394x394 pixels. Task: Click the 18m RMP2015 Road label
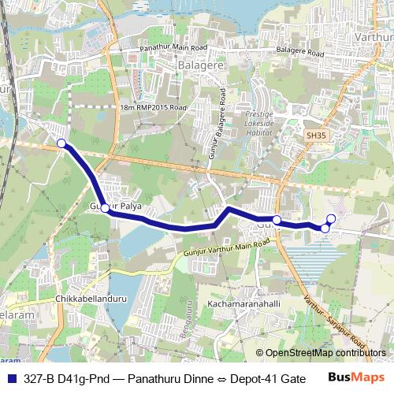[154, 106]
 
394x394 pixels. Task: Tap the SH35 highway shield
[315, 136]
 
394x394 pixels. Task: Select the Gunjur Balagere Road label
[217, 135]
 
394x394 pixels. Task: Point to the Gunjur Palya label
[114, 206]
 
